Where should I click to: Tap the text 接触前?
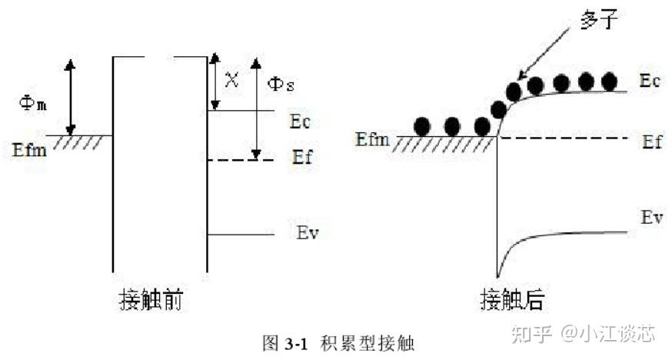tap(151, 299)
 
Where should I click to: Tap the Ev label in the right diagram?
tap(651, 218)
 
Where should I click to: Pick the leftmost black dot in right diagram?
tap(422, 125)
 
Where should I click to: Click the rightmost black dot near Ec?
tap(609, 80)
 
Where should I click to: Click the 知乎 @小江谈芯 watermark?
tap(594, 333)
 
